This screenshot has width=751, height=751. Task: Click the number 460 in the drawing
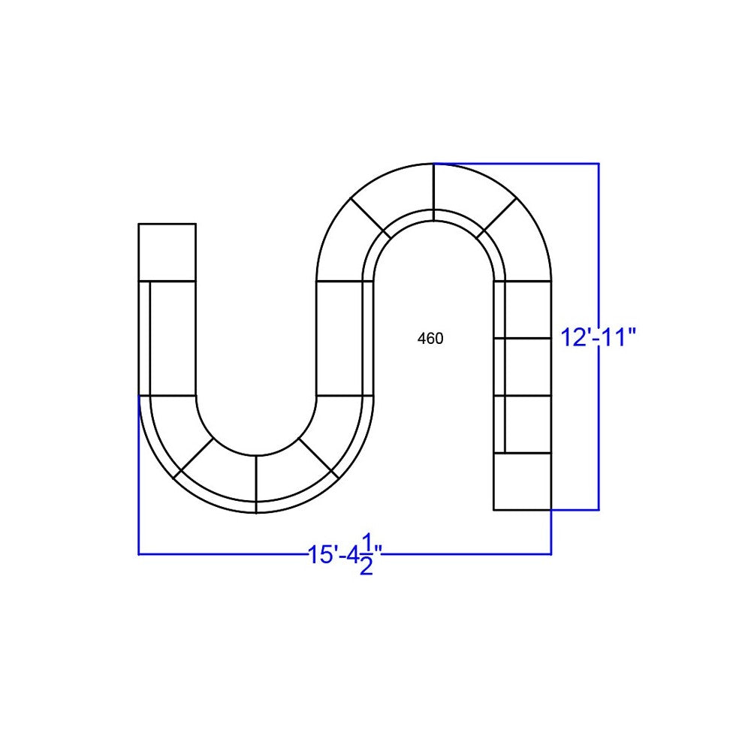coord(430,339)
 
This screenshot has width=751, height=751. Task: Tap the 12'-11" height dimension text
coord(599,338)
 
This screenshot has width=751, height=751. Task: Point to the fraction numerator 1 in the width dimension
coord(367,543)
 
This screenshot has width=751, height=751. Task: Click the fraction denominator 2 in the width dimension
coord(366,567)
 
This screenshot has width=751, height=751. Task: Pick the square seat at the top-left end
coord(167,252)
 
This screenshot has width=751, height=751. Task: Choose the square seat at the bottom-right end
coord(523,481)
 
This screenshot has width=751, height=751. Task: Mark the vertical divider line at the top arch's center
coord(434,192)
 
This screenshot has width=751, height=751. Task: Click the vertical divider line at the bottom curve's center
coord(256,484)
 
